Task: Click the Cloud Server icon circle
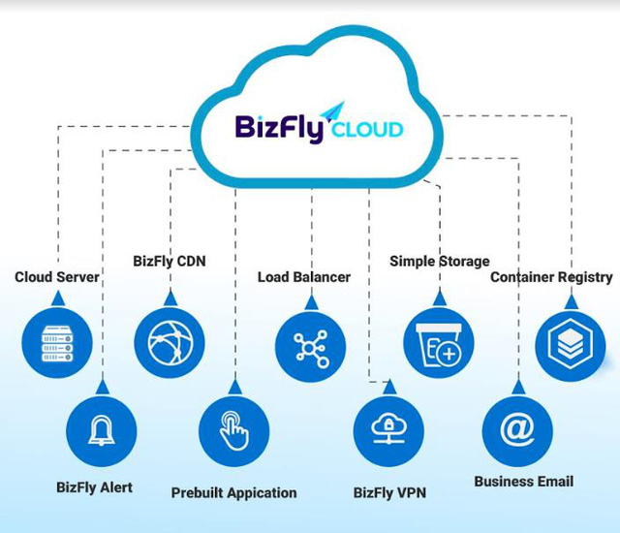coord(57,342)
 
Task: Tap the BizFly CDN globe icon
coord(170,342)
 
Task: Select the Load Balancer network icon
coord(310,346)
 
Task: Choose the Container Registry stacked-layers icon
coord(570,346)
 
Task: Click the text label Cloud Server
coord(57,277)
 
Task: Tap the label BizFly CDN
coord(170,261)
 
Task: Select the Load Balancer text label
coord(304,277)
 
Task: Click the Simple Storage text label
coord(440,261)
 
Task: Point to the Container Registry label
coord(551,277)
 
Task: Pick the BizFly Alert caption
coord(94,486)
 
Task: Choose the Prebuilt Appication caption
coord(234,492)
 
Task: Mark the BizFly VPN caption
coord(389,492)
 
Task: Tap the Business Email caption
coord(524,481)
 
